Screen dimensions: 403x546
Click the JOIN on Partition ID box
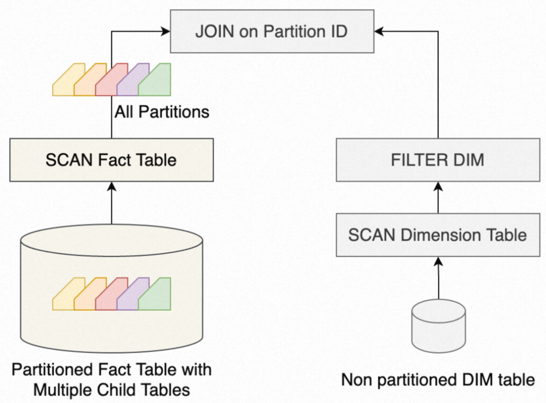pyautogui.click(x=271, y=32)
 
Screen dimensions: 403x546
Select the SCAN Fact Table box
pyautogui.click(x=111, y=160)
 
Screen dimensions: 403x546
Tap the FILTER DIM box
pyautogui.click(x=438, y=160)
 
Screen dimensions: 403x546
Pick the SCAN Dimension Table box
pyautogui.click(x=438, y=235)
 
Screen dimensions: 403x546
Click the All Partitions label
pyautogui.click(x=162, y=112)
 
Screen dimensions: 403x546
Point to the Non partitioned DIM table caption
pyautogui.click(x=438, y=380)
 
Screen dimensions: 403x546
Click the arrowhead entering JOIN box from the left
pyautogui.click(x=165, y=32)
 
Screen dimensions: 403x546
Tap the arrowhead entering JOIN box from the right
pyautogui.click(x=377, y=32)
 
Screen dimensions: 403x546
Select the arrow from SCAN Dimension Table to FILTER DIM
pyautogui.click(x=438, y=197)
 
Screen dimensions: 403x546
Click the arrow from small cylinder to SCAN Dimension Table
pyautogui.click(x=438, y=278)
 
